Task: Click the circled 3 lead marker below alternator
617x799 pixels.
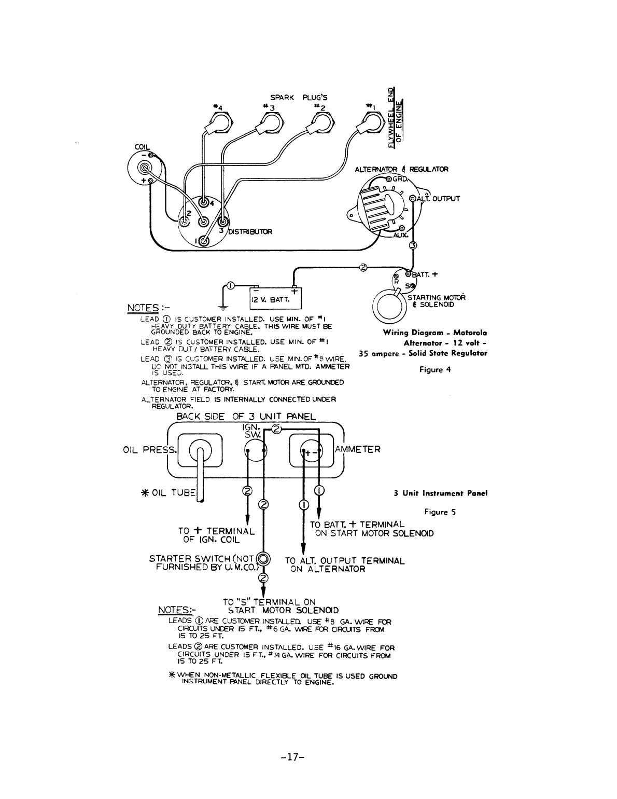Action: point(413,245)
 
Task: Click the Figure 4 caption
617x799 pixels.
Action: point(431,369)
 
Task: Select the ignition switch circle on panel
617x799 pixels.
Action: point(256,451)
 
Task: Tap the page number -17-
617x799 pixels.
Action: point(291,756)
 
